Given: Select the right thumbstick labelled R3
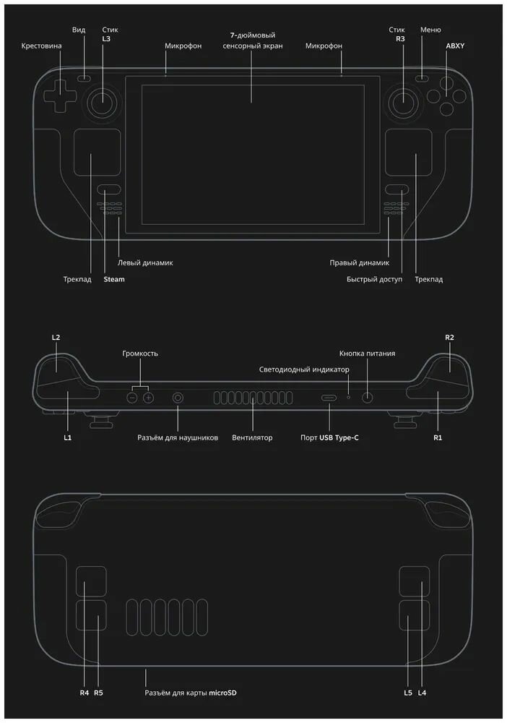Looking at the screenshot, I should click(403, 102).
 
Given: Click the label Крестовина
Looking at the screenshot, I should click(42, 46).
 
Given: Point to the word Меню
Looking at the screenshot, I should click(430, 30).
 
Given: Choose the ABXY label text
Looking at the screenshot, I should click(456, 46).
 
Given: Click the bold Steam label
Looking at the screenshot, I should click(114, 279).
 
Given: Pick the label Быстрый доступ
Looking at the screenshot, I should click(373, 279).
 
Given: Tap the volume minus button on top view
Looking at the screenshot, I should click(133, 398).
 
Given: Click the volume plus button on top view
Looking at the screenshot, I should click(148, 398).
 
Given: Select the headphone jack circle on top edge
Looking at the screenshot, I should click(178, 398).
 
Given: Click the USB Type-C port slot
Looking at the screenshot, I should click(329, 398).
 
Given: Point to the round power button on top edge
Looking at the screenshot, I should click(368, 397).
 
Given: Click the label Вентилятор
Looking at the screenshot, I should click(252, 438).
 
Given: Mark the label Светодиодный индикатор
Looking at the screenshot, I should click(304, 369).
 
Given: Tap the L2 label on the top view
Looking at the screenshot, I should click(56, 337).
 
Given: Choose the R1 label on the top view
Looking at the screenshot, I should click(437, 438).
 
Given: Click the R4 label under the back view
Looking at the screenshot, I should click(84, 693).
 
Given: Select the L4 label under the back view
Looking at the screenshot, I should click(422, 693).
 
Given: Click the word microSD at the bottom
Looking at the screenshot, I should click(223, 693).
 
